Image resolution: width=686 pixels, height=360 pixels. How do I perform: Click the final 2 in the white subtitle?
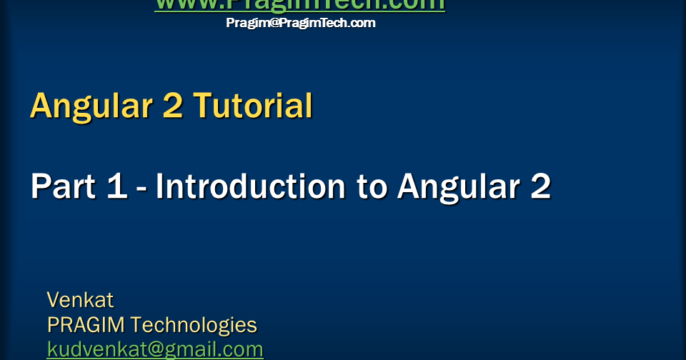pos(540,187)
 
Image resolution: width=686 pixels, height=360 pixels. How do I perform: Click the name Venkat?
pos(80,299)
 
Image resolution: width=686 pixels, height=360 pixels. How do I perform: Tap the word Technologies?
pos(194,325)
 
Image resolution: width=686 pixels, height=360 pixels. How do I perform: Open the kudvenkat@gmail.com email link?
pos(155,349)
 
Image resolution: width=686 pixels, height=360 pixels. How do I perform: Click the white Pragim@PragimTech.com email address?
pos(301,23)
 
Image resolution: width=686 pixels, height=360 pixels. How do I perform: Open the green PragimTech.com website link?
pos(300,4)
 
